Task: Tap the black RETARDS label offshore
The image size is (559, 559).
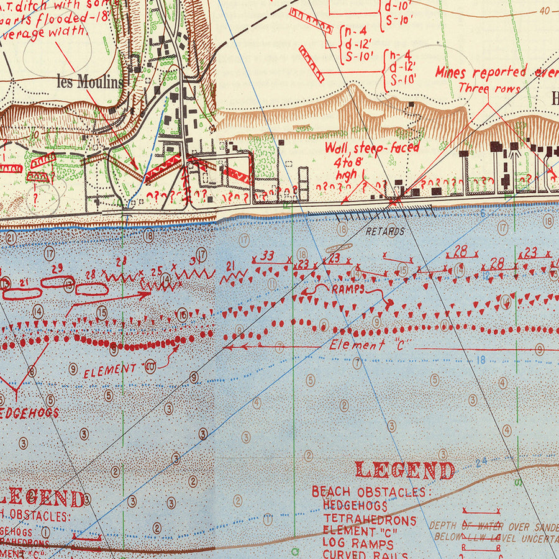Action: coord(385,232)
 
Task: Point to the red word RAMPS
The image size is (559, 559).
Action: coord(348,289)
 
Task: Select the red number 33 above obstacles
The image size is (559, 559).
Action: coord(267,256)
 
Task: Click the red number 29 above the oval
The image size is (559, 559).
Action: coord(57,268)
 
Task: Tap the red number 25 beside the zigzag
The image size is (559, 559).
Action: coord(157,271)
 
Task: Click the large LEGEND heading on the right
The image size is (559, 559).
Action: coord(404,470)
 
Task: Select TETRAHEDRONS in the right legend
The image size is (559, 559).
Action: coord(370,520)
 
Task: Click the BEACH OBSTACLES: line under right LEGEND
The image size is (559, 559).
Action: coord(369,493)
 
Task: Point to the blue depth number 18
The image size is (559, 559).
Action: coord(481,359)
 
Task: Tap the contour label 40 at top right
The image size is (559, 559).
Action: coord(545,11)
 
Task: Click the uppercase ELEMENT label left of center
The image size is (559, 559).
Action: coord(110,370)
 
